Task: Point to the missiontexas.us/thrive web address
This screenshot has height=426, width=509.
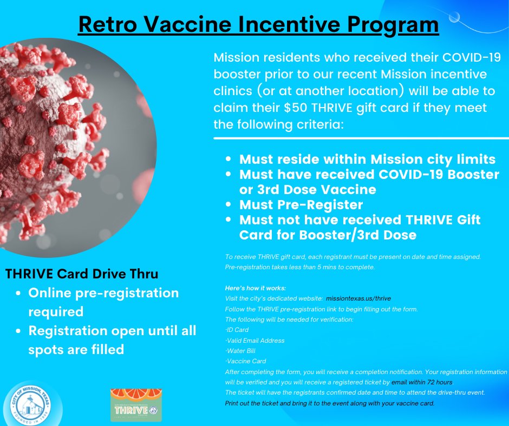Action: coord(358,298)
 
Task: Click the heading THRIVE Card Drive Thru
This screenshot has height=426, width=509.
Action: coord(82,274)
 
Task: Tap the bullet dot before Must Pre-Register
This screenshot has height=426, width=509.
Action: coord(229,205)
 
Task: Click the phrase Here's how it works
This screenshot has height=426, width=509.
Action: coord(255,288)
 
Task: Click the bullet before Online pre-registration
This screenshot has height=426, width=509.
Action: coord(19,293)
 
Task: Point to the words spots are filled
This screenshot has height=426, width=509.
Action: coord(76,350)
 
